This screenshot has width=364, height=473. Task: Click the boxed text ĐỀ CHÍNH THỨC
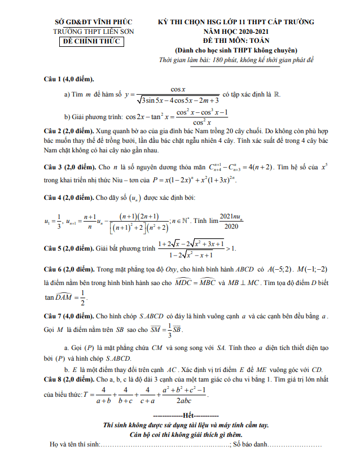90,41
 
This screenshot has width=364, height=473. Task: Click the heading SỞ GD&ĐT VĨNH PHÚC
90,22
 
